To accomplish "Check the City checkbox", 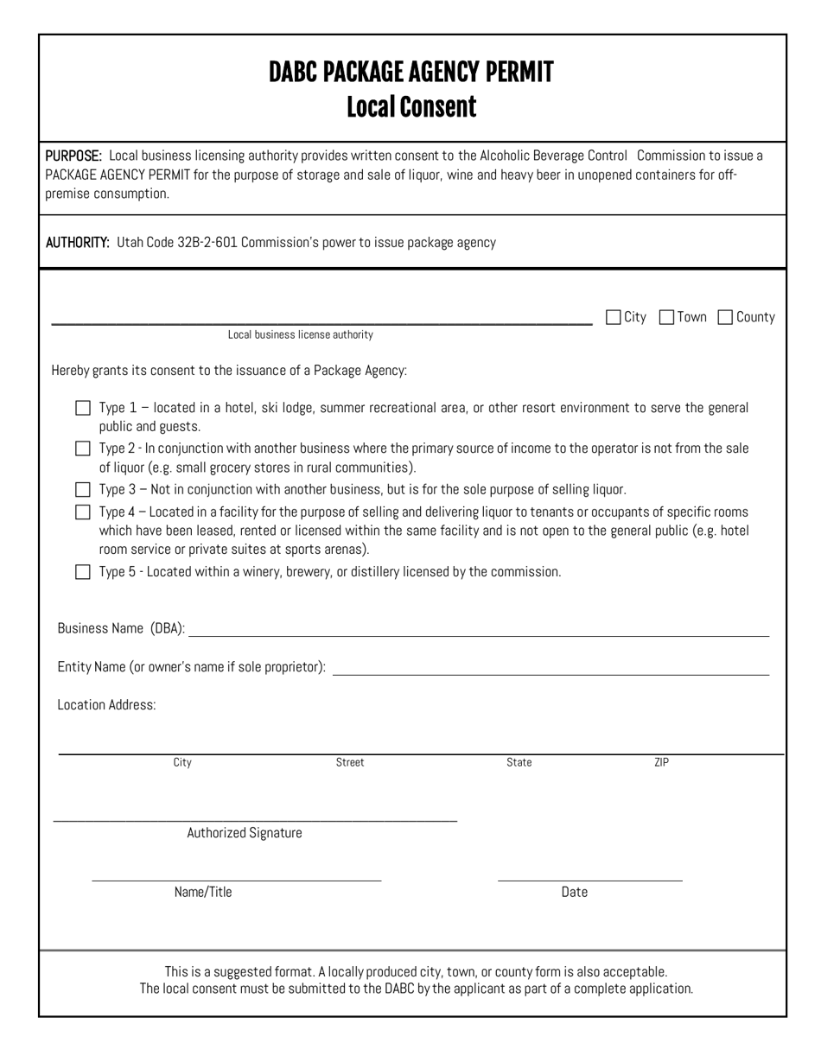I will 614,317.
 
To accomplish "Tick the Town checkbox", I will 666,317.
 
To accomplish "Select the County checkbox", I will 726,317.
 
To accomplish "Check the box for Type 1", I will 83,408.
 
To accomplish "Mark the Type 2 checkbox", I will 83,448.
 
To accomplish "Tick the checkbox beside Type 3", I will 83,489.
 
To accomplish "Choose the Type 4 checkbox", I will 83,512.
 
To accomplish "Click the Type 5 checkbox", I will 83,571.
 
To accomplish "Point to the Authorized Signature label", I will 245,833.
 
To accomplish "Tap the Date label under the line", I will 574,892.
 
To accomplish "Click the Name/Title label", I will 203,892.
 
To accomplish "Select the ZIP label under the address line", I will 661,762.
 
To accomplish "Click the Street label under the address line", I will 350,762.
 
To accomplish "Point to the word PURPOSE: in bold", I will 74,156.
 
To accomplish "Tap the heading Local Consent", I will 410,107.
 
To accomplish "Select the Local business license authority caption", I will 301,334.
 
